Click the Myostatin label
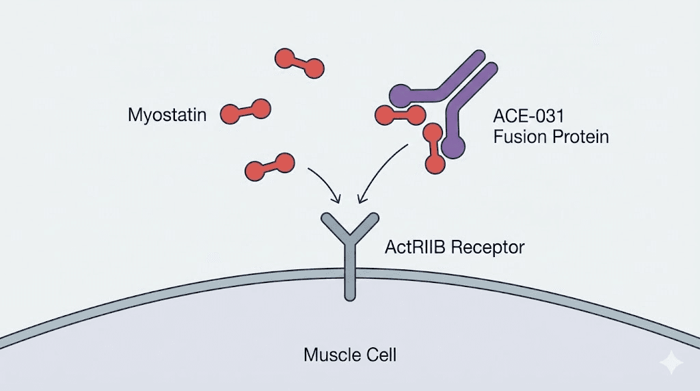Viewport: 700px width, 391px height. [x=167, y=115]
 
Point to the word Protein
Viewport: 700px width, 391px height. [x=580, y=137]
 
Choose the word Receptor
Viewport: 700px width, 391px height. [x=487, y=247]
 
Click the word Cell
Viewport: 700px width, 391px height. [x=381, y=355]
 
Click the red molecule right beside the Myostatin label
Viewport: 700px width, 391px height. [x=245, y=111]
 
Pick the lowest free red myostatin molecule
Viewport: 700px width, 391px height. [x=269, y=165]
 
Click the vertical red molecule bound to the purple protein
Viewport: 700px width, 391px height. [x=432, y=148]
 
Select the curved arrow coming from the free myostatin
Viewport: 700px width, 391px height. [x=325, y=183]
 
